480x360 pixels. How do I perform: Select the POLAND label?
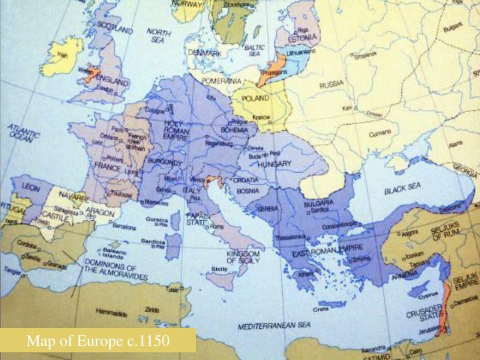click(x=257, y=97)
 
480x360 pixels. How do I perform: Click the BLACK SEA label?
click(x=403, y=189)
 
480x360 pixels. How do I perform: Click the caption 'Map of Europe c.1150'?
click(x=98, y=341)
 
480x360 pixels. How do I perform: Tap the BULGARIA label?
click(x=319, y=203)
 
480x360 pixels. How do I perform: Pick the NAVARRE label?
click(x=73, y=198)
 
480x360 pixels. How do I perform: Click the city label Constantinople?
click(x=341, y=226)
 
